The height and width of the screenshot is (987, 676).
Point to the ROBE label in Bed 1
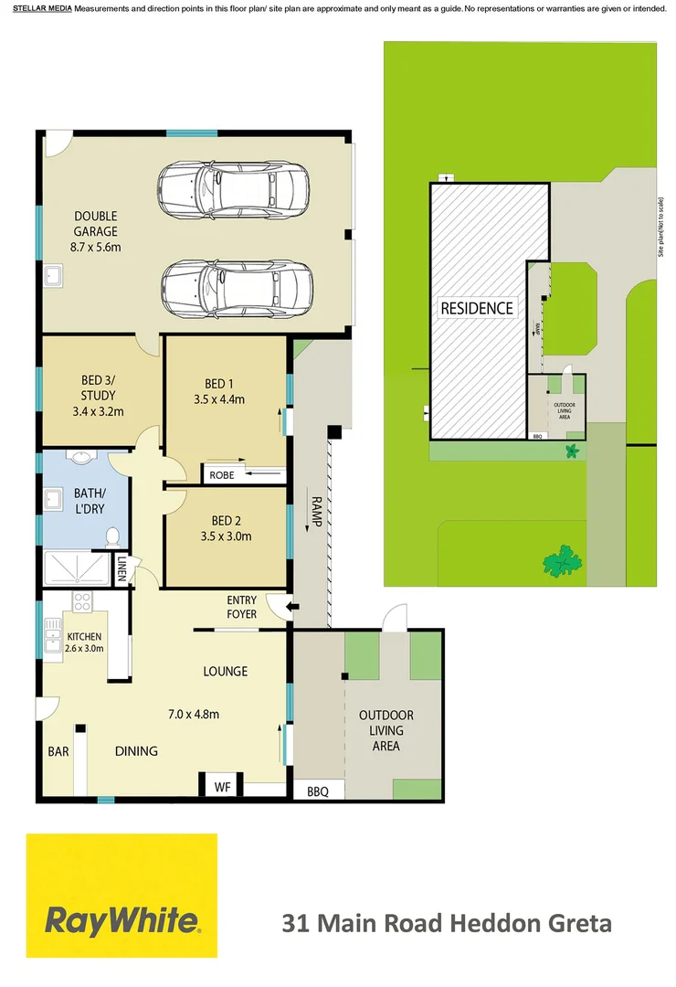point(222,475)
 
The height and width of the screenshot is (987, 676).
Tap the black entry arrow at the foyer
point(293,607)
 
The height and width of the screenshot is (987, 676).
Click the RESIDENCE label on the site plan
point(477,308)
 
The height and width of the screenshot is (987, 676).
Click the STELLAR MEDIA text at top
point(42,8)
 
